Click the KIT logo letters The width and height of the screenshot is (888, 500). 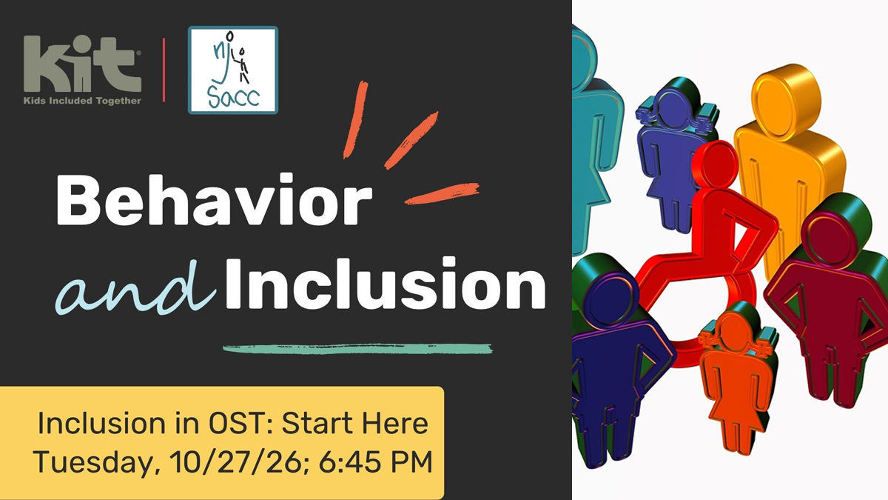[x=82, y=64]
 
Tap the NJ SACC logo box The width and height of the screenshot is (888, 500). [x=233, y=70]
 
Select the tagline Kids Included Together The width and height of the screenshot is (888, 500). [x=82, y=101]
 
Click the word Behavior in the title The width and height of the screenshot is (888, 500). [x=214, y=199]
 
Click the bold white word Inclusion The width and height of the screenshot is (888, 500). [x=386, y=283]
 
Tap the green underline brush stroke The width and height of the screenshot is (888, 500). [x=357, y=349]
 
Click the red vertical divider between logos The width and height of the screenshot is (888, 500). [x=164, y=70]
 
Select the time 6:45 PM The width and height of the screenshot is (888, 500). [x=375, y=461]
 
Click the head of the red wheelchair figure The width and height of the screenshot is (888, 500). [x=716, y=164]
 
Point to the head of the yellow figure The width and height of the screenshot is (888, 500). [x=786, y=96]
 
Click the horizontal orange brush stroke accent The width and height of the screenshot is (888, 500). [x=442, y=193]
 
